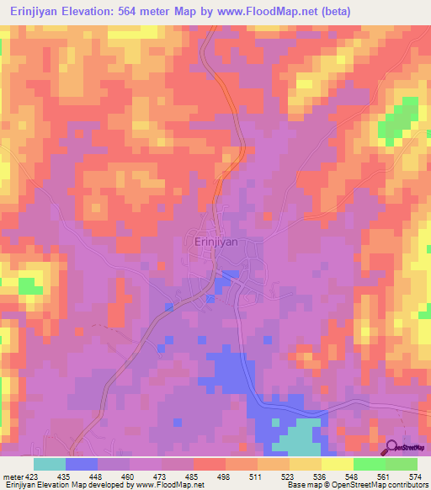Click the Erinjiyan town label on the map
[211, 242]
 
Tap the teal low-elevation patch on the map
[298, 439]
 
